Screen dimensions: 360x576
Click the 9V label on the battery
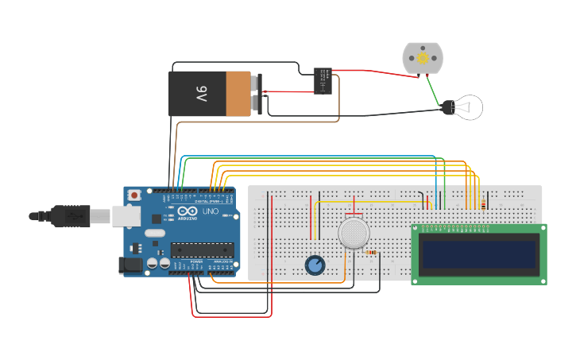(x=201, y=94)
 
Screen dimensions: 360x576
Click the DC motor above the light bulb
(x=422, y=58)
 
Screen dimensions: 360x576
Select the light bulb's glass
(x=470, y=106)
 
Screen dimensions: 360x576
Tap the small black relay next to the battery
(x=323, y=80)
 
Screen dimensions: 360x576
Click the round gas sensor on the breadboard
(x=354, y=234)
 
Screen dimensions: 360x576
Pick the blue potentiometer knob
(x=315, y=265)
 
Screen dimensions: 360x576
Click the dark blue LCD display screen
(x=479, y=254)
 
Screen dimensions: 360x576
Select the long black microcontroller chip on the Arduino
(x=203, y=250)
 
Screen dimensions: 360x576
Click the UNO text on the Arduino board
(x=211, y=212)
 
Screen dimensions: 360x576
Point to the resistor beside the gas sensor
(x=371, y=253)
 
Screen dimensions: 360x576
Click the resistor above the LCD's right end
(x=484, y=205)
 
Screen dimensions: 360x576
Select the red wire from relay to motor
(x=373, y=72)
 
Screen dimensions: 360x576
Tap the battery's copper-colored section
(x=238, y=94)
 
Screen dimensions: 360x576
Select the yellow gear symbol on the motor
(x=423, y=57)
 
